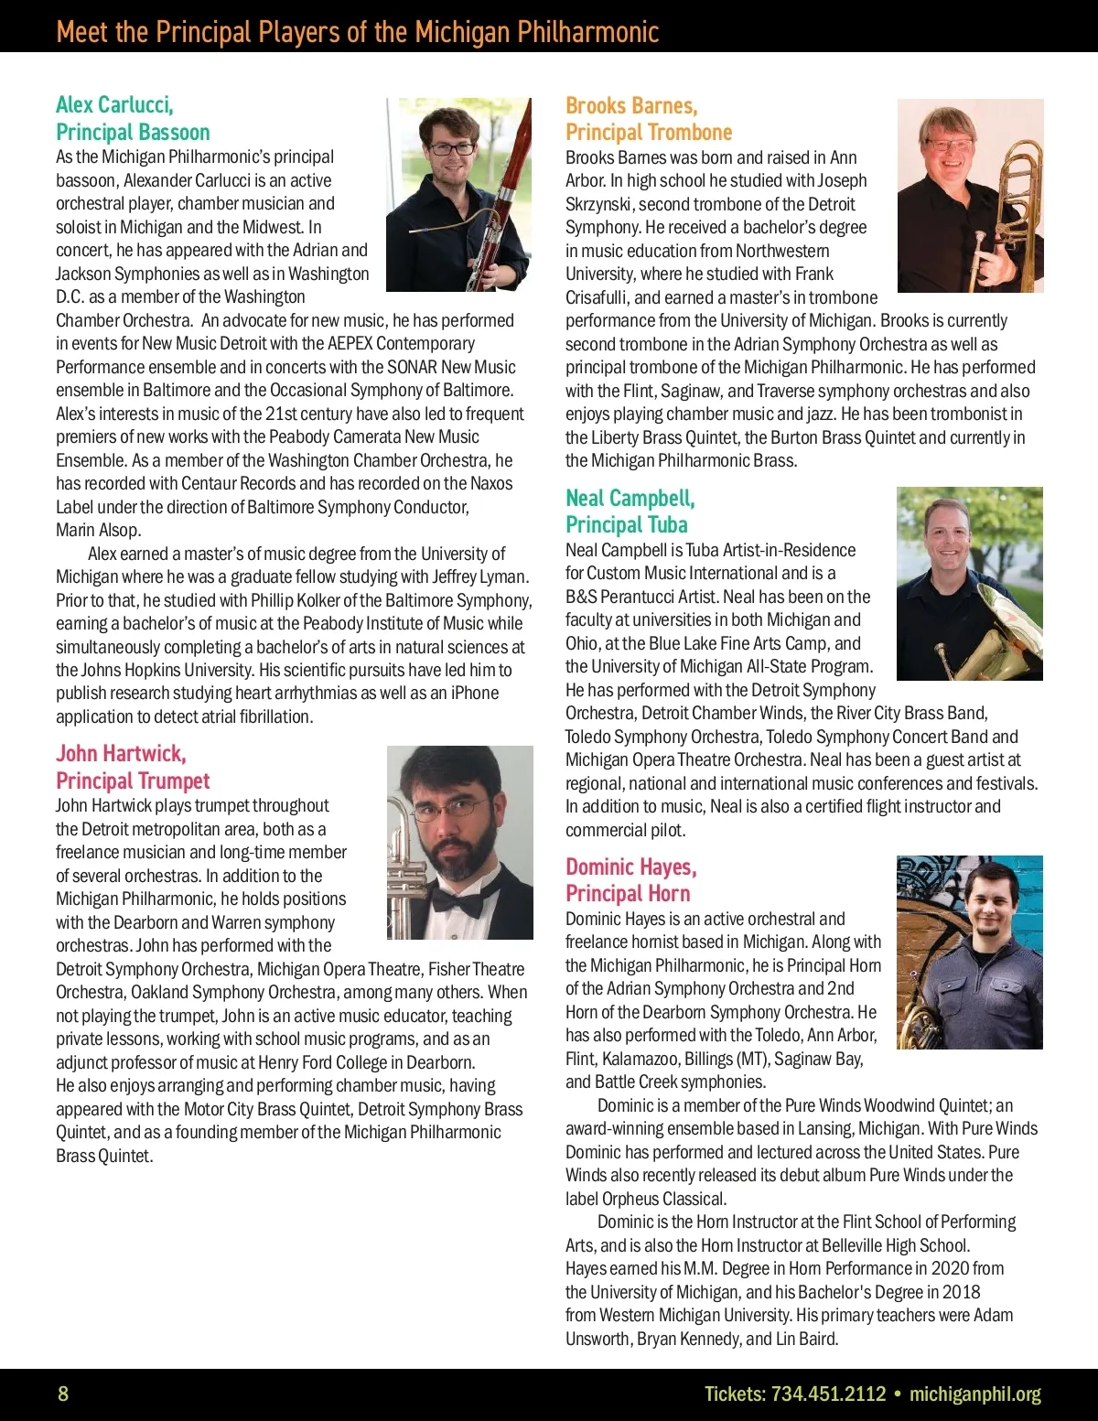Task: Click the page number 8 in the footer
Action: pyautogui.click(x=63, y=1394)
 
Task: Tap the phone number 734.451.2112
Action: pyautogui.click(x=829, y=1394)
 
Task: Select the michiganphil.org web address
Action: pyautogui.click(x=975, y=1394)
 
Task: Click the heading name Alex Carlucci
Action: pyautogui.click(x=114, y=104)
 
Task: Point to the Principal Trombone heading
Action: pyautogui.click(x=649, y=132)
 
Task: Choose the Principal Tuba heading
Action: pyautogui.click(x=627, y=524)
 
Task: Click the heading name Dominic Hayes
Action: pyautogui.click(x=631, y=867)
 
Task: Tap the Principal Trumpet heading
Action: pyautogui.click(x=133, y=780)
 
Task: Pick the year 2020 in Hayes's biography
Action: pyautogui.click(x=951, y=1268)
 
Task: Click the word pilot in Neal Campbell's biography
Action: pyautogui.click(x=667, y=830)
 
